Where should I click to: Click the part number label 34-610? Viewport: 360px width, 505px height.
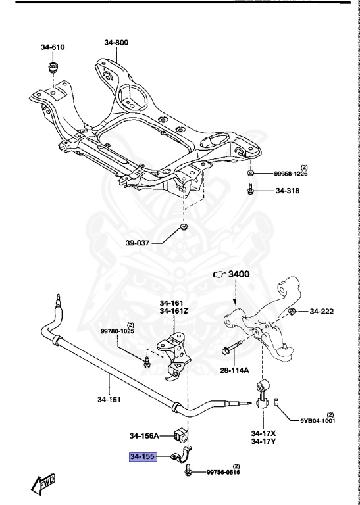coord(53,47)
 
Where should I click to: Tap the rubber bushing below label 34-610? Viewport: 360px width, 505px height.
coord(53,69)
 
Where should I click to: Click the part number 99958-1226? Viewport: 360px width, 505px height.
coord(291,174)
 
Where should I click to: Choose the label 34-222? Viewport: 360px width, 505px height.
coord(323,311)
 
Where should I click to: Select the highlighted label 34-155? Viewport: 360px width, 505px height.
coord(142,456)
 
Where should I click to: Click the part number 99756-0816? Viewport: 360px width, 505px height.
coord(224,472)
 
